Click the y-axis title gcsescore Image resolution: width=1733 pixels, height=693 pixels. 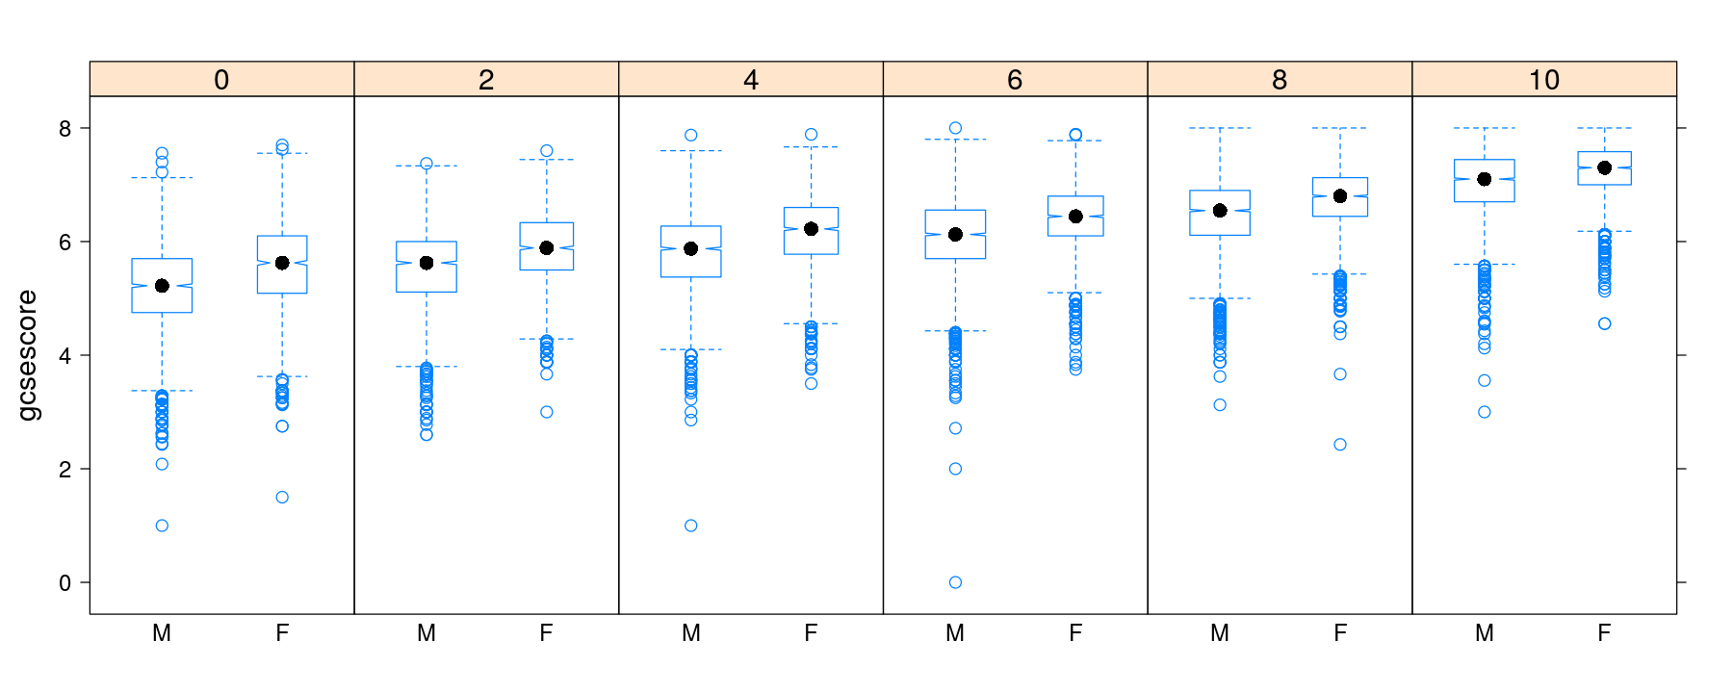[x=28, y=355]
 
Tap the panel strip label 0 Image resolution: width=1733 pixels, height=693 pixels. [x=221, y=80]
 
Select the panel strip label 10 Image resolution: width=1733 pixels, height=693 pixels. [x=1543, y=80]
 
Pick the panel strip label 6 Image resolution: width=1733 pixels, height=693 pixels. [x=1015, y=80]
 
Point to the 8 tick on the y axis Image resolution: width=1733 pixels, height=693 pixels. [x=65, y=129]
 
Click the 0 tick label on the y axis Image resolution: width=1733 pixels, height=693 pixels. [x=65, y=583]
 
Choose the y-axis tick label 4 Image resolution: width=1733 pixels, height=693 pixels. [x=65, y=356]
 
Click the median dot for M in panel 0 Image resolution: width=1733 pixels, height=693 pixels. [x=162, y=286]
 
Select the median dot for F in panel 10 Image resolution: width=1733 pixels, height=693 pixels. [x=1604, y=167]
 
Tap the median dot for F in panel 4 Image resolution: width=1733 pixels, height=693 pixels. [x=811, y=229]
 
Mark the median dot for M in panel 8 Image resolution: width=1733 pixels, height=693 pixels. [x=1220, y=211]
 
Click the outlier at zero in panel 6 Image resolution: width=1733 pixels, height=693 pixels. [x=955, y=582]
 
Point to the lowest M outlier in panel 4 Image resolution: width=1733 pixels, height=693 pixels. [x=690, y=526]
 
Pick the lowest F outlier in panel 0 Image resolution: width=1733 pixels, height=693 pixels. [x=282, y=498]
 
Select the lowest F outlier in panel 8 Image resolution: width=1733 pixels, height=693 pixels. [x=1340, y=445]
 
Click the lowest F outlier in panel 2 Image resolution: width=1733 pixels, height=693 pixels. [x=547, y=412]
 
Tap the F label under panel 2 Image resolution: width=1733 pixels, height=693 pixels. [x=547, y=633]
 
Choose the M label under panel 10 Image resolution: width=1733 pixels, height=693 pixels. [x=1484, y=633]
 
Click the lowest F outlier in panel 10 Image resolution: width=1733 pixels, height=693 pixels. [x=1604, y=323]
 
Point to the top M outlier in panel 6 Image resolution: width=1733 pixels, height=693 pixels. [x=955, y=128]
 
